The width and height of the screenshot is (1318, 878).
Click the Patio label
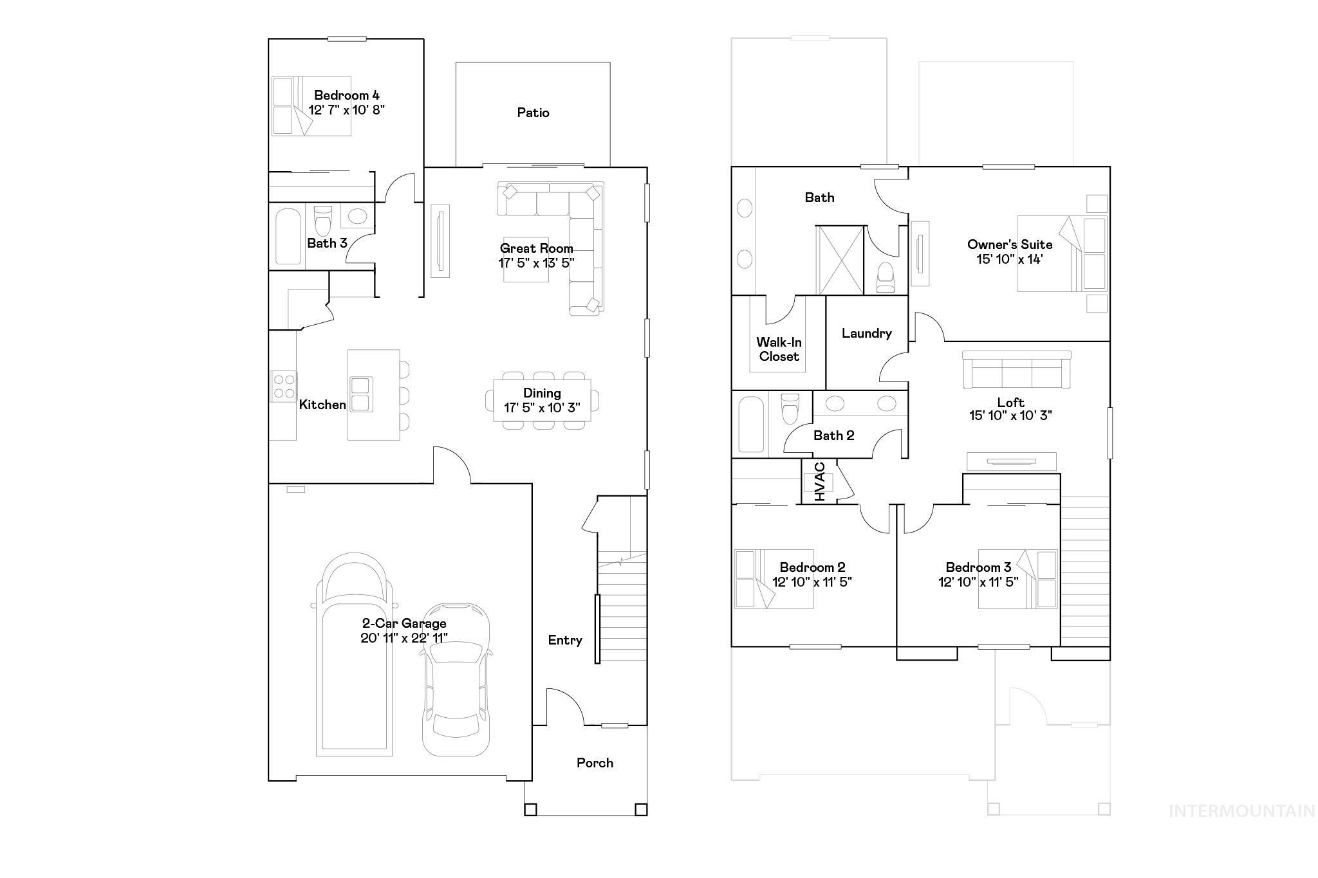point(533,113)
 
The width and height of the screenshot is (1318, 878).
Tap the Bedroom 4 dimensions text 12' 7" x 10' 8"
point(346,110)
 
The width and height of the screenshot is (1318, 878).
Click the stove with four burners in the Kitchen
point(283,387)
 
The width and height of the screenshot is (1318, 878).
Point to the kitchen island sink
point(360,394)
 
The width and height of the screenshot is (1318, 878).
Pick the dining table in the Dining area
point(541,400)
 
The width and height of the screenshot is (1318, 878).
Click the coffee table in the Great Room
point(526,260)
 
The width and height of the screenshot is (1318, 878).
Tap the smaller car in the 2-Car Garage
point(456,679)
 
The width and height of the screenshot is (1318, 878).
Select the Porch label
point(595,763)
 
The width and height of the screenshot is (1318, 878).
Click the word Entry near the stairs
point(565,640)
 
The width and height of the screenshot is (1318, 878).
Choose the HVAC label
point(819,482)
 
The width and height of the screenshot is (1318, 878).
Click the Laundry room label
point(866,333)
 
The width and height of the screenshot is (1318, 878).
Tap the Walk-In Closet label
point(779,349)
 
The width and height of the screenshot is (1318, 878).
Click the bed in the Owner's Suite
point(1061,253)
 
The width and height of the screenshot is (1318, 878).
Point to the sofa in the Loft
point(1017,370)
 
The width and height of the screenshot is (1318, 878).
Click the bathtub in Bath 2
point(751,425)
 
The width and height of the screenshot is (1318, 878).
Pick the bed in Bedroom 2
point(774,578)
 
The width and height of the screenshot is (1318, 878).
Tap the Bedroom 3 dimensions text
point(978,582)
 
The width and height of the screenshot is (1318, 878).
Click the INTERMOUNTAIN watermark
point(1241,811)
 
